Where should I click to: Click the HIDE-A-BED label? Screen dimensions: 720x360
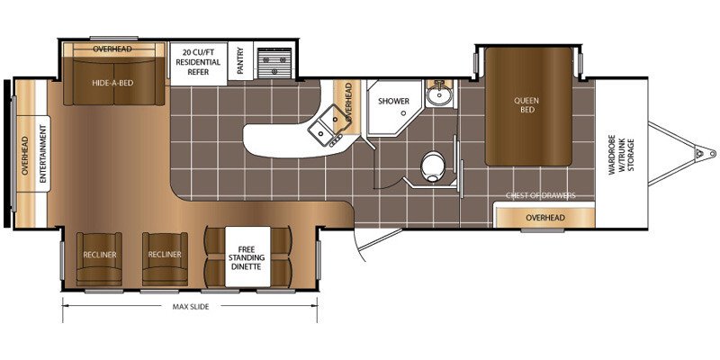click(x=114, y=84)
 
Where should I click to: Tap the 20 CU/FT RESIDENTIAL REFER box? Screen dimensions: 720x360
click(x=198, y=63)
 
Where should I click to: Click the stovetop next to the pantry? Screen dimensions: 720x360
click(x=274, y=63)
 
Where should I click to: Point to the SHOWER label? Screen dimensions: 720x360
click(x=393, y=102)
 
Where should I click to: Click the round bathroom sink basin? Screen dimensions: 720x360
click(x=439, y=95)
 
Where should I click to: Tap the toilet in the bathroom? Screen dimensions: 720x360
click(x=433, y=166)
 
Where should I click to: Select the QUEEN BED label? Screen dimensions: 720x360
click(x=527, y=105)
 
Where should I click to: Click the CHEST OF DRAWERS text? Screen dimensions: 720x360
click(x=541, y=196)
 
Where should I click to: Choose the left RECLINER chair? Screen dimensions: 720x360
click(x=100, y=258)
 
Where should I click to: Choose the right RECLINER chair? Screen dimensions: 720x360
click(x=165, y=258)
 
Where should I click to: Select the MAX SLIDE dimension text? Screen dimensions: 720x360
click(x=191, y=307)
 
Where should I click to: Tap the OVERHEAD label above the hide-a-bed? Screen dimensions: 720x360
click(x=112, y=49)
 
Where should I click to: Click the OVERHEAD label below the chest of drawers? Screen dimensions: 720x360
click(x=545, y=218)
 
